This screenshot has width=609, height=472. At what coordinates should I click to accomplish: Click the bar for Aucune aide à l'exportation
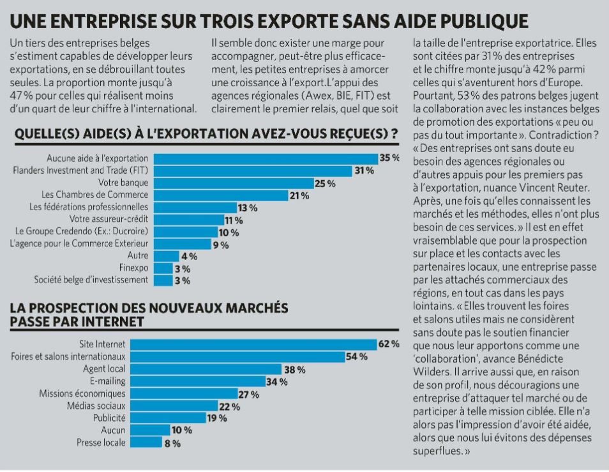[266, 158]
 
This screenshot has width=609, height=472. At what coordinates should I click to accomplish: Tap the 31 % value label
[364, 171]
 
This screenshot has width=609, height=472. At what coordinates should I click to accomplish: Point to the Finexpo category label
[133, 268]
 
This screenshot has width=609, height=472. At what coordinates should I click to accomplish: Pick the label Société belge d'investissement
[91, 280]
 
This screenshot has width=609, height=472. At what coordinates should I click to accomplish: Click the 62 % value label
[389, 344]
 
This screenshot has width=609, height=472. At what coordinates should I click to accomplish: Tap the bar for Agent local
[218, 369]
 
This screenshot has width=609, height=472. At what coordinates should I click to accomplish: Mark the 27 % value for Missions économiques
[248, 394]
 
